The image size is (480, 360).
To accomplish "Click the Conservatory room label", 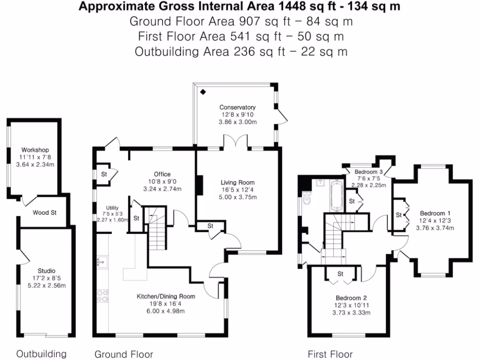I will (238, 107).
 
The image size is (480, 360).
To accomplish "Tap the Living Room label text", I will (238, 183).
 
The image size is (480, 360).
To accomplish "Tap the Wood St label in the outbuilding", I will (45, 213).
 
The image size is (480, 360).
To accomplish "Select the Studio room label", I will (46, 270).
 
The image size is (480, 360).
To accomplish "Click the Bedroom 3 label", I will (369, 172).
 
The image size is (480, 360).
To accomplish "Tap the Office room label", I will (162, 174).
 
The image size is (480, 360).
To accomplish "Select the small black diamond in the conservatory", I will (203, 92).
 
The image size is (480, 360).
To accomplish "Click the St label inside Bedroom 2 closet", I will (341, 274).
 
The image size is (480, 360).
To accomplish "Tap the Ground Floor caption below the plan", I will (124, 354).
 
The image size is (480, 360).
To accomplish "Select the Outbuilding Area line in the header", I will (241, 52).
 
